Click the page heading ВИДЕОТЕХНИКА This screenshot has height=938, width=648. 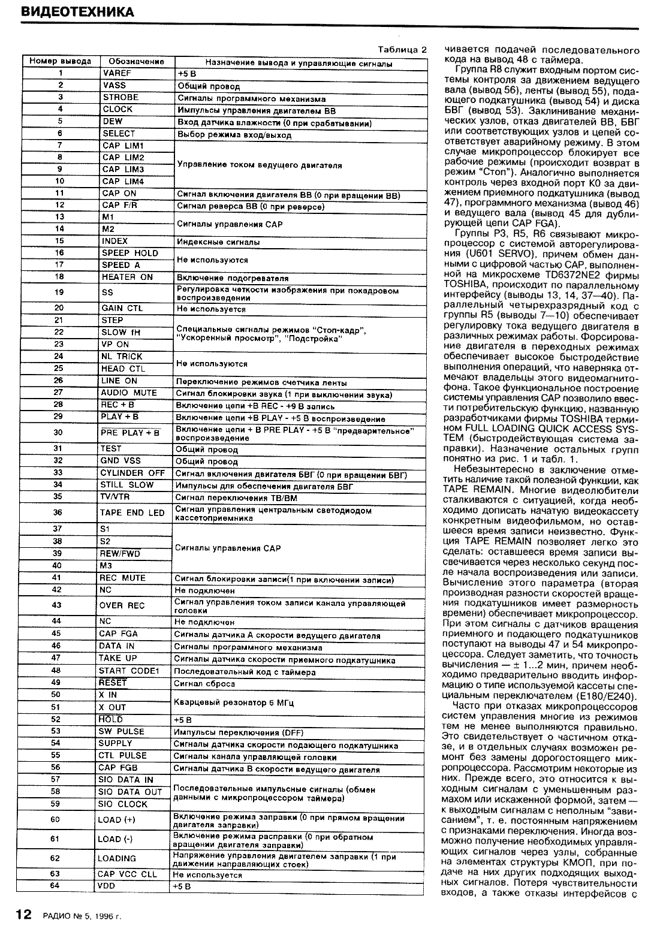tap(76, 12)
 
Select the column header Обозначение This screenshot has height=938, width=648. tap(136, 62)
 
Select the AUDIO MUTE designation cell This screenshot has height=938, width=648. tap(128, 393)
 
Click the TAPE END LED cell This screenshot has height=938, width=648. tap(131, 513)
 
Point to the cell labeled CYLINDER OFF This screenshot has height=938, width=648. tap(132, 473)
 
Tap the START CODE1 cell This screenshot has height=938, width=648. tap(127, 671)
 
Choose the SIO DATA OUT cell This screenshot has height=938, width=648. tap(130, 792)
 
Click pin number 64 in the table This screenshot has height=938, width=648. tap(56, 886)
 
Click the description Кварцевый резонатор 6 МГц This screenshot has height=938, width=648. tap(233, 702)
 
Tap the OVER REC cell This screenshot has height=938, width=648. tap(122, 606)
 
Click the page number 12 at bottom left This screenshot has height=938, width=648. tap(23, 914)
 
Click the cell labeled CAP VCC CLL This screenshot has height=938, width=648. tap(127, 874)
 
